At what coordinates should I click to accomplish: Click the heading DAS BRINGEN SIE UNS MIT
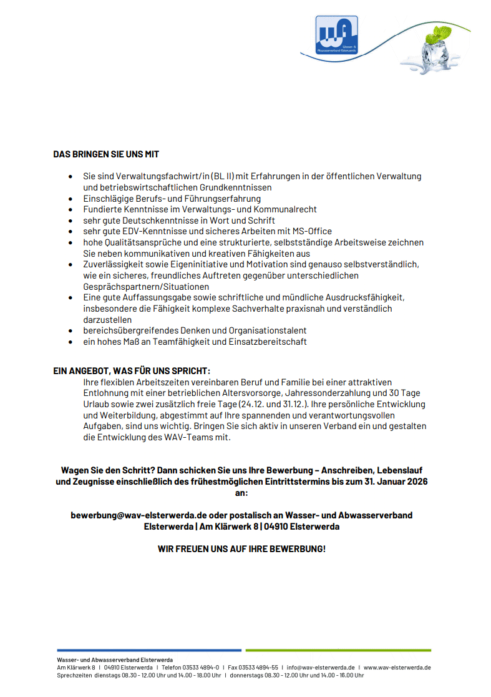click(x=106, y=154)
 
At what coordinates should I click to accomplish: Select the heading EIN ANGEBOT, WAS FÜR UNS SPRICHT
click(x=131, y=370)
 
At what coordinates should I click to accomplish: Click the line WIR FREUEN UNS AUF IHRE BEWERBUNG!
click(x=241, y=549)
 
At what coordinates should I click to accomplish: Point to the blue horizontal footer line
click(x=149, y=650)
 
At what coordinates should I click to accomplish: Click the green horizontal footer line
click(x=338, y=650)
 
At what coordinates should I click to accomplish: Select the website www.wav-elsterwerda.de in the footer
click(x=397, y=667)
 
